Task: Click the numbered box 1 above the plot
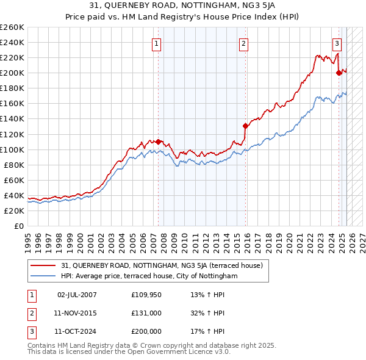point(157,43)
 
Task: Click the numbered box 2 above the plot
point(243,43)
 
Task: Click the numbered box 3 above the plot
point(337,43)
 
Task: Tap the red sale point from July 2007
point(159,142)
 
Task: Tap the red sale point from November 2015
point(245,126)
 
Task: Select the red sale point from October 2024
point(339,73)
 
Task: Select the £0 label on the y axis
point(18,226)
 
